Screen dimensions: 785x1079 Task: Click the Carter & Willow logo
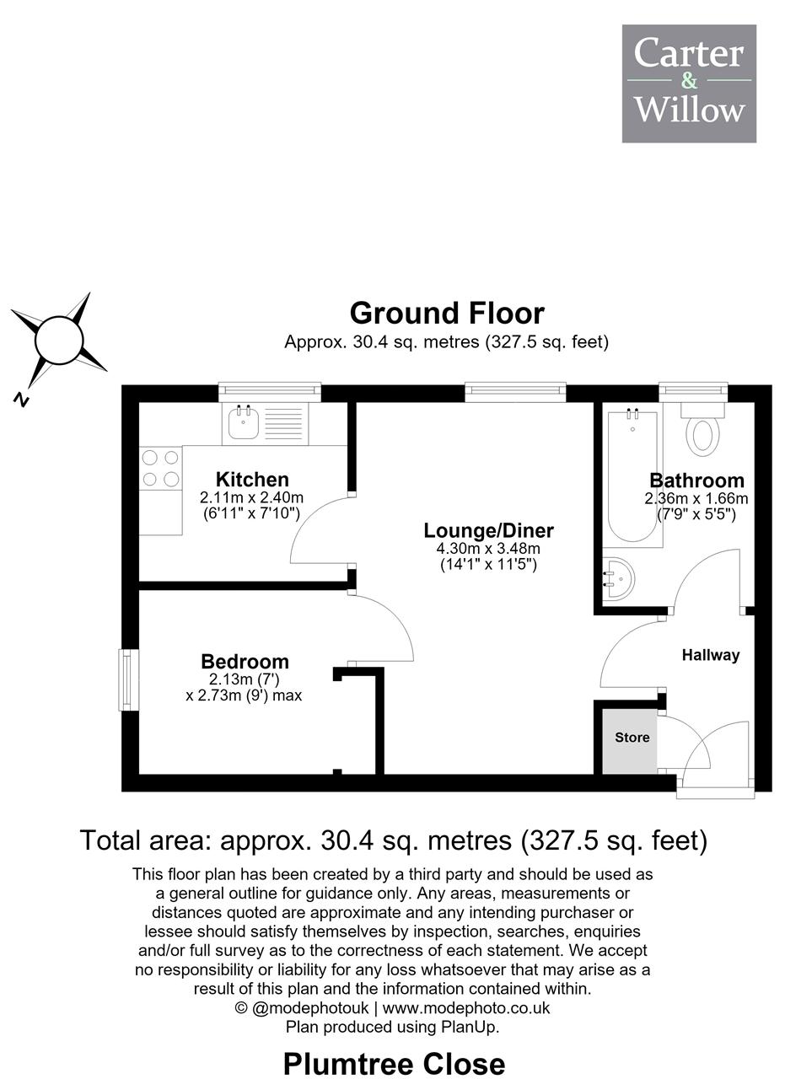(689, 83)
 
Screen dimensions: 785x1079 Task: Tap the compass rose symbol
(59, 341)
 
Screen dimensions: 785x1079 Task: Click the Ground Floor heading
(447, 314)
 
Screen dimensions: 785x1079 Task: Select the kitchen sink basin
(244, 422)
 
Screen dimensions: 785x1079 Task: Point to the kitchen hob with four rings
(160, 468)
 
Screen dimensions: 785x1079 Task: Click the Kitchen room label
(252, 480)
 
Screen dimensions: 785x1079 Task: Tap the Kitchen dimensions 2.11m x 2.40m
(251, 497)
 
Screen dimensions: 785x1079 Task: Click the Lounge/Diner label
(489, 530)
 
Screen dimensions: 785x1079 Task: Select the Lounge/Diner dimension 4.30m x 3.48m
(488, 548)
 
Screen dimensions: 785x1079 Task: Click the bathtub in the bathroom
(632, 477)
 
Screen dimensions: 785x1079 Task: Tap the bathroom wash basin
(619, 577)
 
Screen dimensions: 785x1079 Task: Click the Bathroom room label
(696, 480)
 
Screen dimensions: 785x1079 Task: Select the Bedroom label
(245, 662)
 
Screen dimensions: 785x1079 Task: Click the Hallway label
(711, 655)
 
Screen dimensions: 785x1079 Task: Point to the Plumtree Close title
(394, 1064)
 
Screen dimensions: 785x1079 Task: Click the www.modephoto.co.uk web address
(466, 1007)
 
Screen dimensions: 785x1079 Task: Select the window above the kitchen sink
(270, 392)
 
